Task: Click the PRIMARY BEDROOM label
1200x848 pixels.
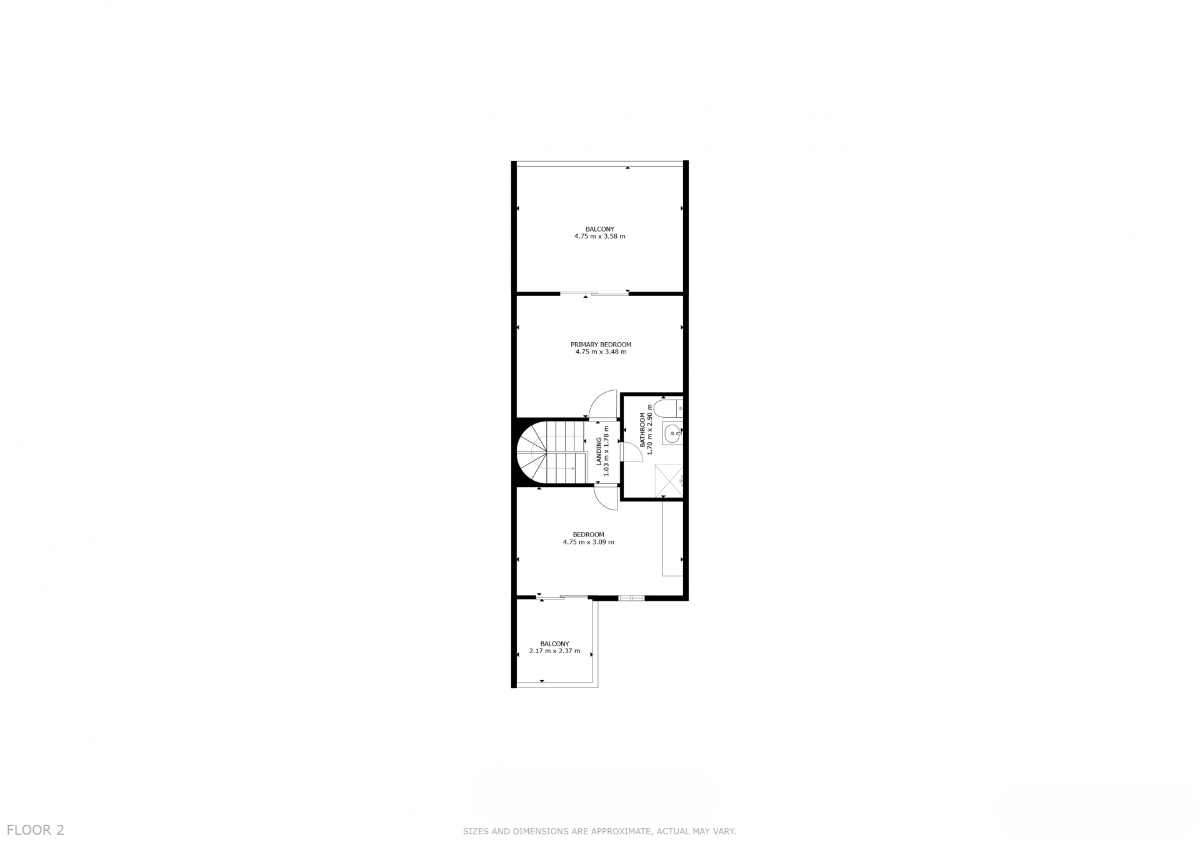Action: pos(601,345)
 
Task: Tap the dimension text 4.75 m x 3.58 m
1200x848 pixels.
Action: pos(600,237)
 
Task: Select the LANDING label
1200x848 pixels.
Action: pos(599,451)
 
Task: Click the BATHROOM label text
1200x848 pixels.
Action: pos(642,430)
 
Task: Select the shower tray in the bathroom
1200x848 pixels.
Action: pos(669,481)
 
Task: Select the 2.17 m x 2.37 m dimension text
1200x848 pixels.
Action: pos(554,651)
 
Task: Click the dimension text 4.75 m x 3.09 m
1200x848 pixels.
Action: pos(588,542)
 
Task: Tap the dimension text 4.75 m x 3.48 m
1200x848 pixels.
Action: pos(601,352)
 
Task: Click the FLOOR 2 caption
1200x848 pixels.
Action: pos(36,831)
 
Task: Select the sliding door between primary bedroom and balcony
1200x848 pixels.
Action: pos(594,293)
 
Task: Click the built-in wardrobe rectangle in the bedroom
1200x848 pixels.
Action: pos(672,538)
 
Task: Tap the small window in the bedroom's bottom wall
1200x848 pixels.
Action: pos(631,598)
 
